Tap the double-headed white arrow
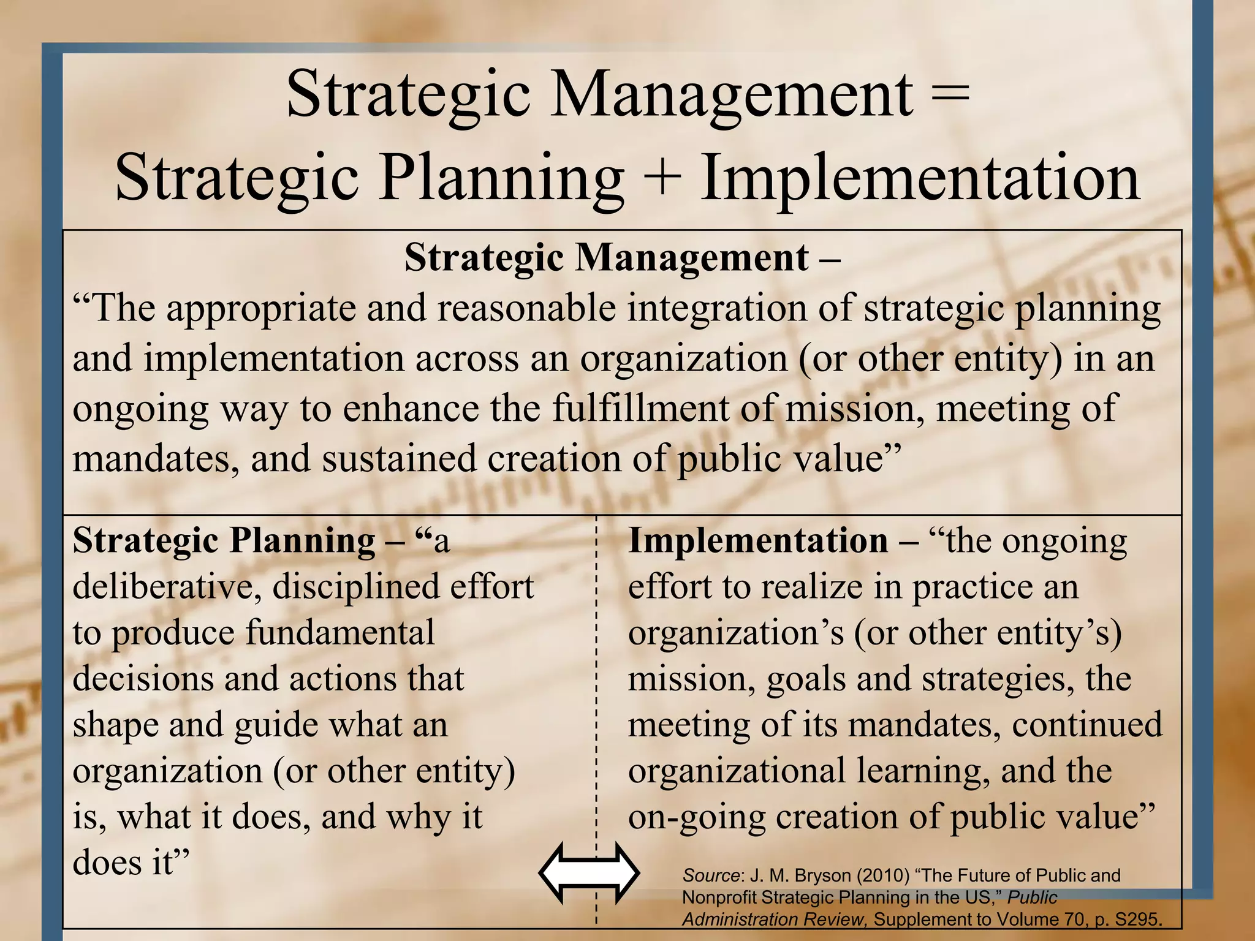point(589,874)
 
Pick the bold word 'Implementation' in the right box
point(758,541)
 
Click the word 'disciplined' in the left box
point(355,587)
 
